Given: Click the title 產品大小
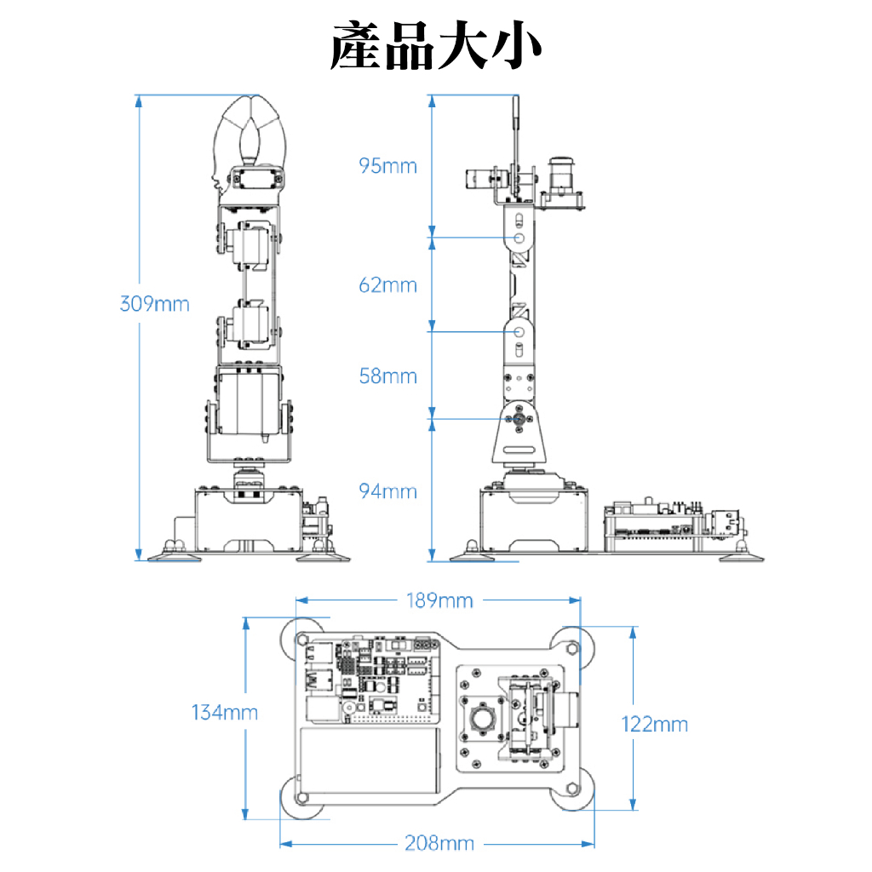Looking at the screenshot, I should [435, 47].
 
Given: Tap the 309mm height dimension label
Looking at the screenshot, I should [154, 303].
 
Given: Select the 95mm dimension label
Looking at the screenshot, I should [388, 165].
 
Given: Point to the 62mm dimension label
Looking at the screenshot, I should [388, 284].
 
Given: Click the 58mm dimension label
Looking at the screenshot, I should [388, 376].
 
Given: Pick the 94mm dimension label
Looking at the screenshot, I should [388, 491].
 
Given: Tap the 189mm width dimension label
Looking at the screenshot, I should [438, 600].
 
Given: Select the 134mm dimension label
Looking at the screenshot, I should [224, 712].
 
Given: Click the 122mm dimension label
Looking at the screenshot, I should [654, 725].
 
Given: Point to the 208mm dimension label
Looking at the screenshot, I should [439, 843].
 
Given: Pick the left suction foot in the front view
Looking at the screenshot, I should [175, 555].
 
